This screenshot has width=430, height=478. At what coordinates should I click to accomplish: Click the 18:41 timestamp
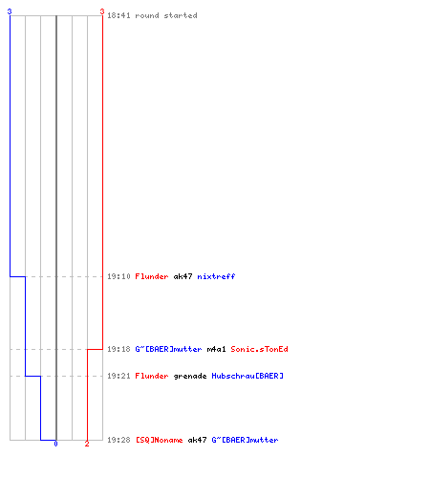tap(118, 15)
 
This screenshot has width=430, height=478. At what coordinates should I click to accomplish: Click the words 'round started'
tap(166, 15)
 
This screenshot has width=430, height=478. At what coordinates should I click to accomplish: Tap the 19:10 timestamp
tap(118, 276)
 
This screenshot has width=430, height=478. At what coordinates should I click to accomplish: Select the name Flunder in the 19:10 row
tap(152, 276)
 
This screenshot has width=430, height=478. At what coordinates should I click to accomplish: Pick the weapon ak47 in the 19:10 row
tap(183, 276)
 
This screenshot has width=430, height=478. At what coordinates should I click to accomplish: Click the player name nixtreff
tap(216, 276)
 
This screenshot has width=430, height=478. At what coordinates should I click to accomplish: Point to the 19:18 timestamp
tap(118, 349)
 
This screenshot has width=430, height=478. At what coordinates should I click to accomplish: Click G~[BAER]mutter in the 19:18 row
tap(168, 349)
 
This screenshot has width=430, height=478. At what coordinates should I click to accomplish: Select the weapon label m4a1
tap(216, 349)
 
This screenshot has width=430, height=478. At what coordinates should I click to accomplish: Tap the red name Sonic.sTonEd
tap(259, 349)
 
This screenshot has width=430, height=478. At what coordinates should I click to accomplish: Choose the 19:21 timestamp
tap(118, 376)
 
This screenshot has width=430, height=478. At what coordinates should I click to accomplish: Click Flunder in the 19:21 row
tap(152, 376)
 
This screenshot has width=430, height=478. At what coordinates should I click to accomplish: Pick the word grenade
tap(190, 377)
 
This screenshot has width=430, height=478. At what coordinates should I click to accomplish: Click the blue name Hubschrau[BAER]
tap(247, 376)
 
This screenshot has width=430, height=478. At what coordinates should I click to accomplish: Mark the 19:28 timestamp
tap(118, 440)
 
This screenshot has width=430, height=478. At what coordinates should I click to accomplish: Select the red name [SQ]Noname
tap(160, 440)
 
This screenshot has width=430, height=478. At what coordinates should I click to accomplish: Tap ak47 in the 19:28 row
tap(197, 440)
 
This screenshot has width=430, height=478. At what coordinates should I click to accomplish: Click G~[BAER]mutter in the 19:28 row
tap(245, 440)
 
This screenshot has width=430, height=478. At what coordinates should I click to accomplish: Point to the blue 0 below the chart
tap(55, 444)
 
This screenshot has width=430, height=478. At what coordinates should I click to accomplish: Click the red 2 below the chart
tap(87, 444)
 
